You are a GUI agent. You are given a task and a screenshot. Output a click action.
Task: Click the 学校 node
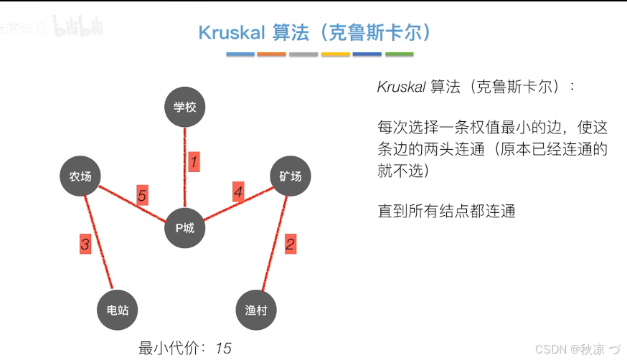[x=184, y=108]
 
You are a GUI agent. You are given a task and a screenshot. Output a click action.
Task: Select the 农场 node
[x=80, y=176]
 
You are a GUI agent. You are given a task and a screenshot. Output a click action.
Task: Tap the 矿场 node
[x=290, y=176]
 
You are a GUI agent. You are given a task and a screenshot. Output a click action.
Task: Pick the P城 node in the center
[x=185, y=229]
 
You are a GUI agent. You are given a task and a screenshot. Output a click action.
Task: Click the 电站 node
[x=117, y=311]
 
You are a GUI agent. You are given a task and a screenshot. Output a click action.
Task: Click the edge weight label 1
[x=193, y=161]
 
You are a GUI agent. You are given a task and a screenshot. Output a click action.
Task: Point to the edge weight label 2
[x=290, y=244]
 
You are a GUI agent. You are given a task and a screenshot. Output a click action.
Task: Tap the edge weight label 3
[x=85, y=245]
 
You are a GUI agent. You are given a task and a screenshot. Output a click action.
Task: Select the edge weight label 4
[x=238, y=191]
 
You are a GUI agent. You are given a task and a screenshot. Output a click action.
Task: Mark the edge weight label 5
[x=142, y=195]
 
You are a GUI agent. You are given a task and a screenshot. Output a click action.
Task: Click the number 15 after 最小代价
[x=223, y=349]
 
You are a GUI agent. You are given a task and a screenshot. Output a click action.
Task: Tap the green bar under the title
[x=400, y=55]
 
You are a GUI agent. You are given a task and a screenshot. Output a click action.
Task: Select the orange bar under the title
[x=271, y=55]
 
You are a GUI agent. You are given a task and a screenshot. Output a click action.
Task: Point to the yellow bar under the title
[x=336, y=55]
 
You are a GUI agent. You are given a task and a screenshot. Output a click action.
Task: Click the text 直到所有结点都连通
[x=446, y=212]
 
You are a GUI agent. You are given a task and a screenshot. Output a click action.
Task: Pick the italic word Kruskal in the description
[x=401, y=87]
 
